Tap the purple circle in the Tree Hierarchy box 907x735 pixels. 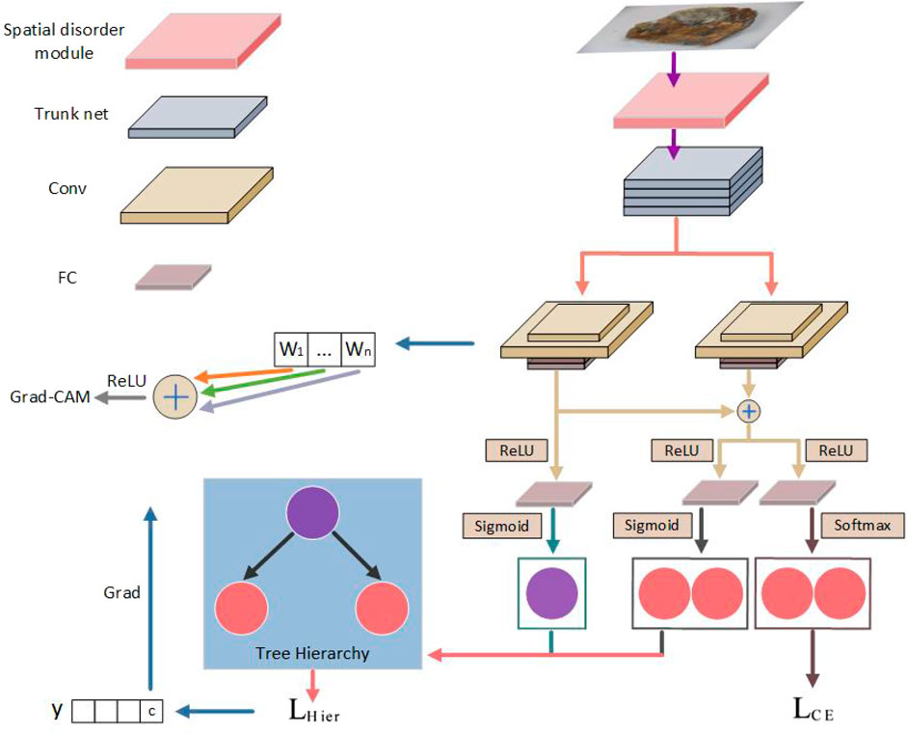point(311,519)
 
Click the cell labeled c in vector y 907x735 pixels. point(152,713)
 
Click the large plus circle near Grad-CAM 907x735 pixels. point(175,395)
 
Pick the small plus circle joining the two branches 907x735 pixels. point(748,411)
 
